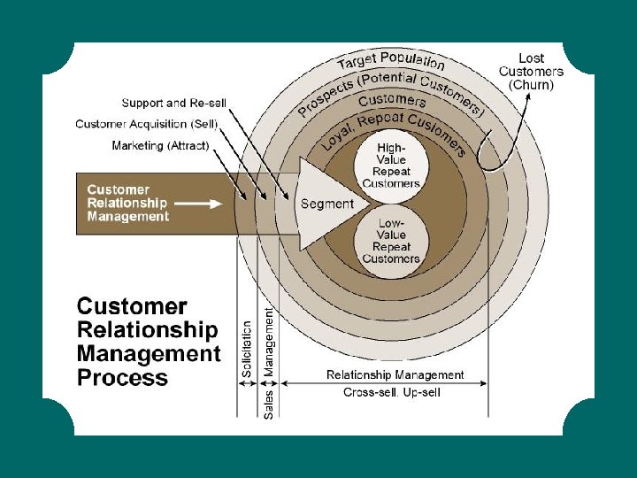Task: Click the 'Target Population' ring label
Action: (391, 61)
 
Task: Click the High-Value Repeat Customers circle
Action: (391, 165)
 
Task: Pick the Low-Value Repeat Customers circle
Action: (391, 241)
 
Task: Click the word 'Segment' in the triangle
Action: (327, 204)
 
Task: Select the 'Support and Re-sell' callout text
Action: (174, 104)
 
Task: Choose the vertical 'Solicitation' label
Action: (247, 351)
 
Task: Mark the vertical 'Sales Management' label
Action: (269, 358)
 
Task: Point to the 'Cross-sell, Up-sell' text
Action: (391, 392)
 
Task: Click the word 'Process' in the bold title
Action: (122, 378)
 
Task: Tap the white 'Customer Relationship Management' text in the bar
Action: (127, 203)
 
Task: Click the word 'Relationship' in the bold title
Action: (147, 330)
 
